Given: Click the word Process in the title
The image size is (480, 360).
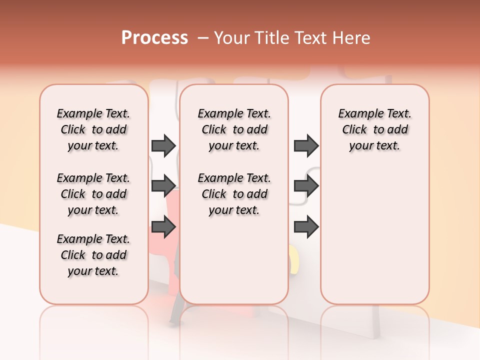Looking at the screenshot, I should [154, 37].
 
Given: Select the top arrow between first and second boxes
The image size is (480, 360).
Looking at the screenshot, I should [163, 145].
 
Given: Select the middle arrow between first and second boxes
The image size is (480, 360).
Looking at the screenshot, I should [163, 186].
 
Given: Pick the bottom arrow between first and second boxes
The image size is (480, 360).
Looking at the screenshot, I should [163, 227].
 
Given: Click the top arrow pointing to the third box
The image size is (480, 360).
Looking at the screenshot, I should [306, 145].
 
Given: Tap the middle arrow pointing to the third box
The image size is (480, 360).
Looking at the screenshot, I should [306, 186].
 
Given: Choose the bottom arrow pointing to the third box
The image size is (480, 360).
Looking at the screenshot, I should [306, 227].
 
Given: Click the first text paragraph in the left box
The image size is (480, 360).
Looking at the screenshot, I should [93, 129].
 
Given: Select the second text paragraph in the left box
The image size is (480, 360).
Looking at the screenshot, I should [93, 194].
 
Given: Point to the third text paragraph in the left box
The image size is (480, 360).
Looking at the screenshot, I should [93, 255].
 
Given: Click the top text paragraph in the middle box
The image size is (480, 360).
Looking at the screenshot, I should [234, 129].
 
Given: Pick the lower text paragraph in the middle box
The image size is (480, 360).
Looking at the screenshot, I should [234, 194].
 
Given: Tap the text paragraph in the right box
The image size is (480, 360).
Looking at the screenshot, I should [374, 129].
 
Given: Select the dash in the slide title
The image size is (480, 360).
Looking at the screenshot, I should [203, 38].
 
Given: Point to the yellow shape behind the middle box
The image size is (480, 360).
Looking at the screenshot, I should [294, 257].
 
